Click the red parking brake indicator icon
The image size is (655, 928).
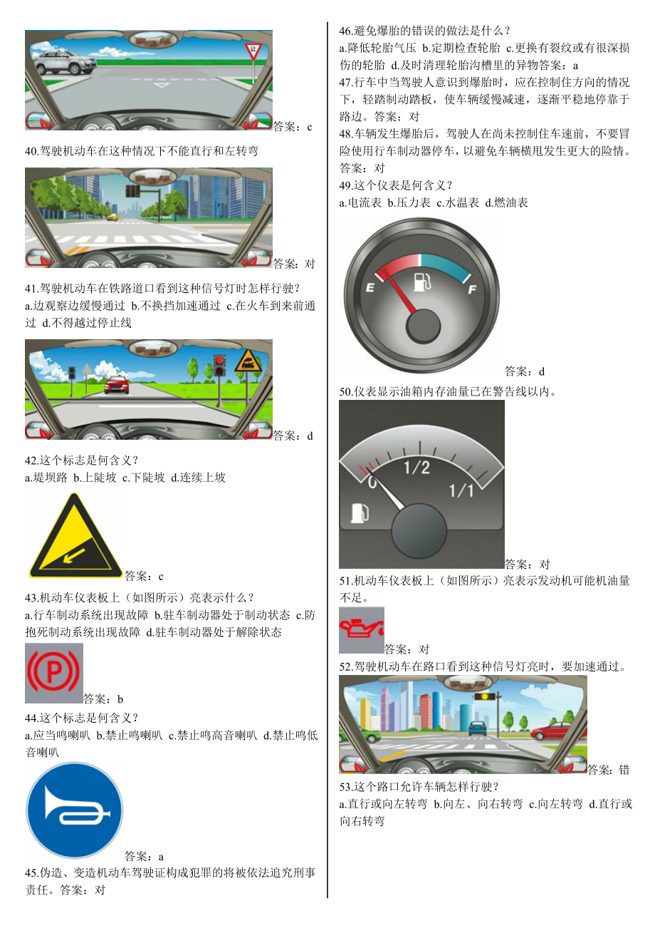pos(53,673)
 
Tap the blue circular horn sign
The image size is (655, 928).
pos(74,810)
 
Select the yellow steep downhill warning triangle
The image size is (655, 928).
pos(73,537)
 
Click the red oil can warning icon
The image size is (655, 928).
pos(361,629)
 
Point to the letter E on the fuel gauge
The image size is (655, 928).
pos(370,287)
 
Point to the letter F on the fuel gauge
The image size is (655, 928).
pos(471,289)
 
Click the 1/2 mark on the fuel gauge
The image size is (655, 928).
pos(416,468)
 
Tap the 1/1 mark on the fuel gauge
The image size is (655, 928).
pos(461,491)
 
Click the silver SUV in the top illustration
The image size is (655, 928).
pos(64,61)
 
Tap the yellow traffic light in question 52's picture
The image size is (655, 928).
pos(486,696)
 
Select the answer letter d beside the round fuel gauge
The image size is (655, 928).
pos(542,371)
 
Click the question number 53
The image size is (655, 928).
pos(346,787)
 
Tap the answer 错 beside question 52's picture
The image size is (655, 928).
pos(624,770)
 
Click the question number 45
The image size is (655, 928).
pos(31,873)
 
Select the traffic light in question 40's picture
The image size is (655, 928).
pos(132,190)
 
